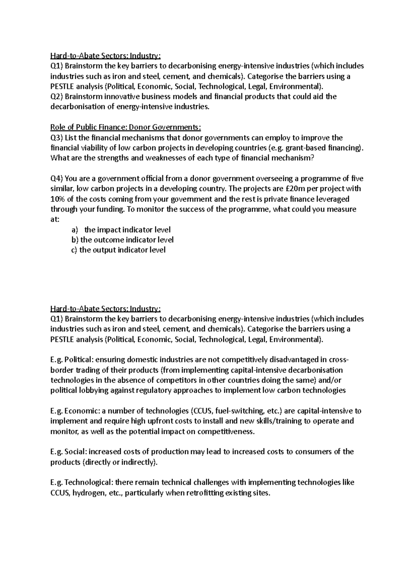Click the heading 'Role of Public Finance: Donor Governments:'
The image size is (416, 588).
click(125, 127)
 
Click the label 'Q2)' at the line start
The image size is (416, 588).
click(57, 97)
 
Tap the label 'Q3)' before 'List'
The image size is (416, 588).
click(57, 138)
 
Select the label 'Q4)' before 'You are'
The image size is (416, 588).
click(57, 179)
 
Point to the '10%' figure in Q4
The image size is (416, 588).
click(58, 199)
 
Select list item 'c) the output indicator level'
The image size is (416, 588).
click(118, 250)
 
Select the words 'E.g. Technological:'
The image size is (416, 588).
click(81, 483)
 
